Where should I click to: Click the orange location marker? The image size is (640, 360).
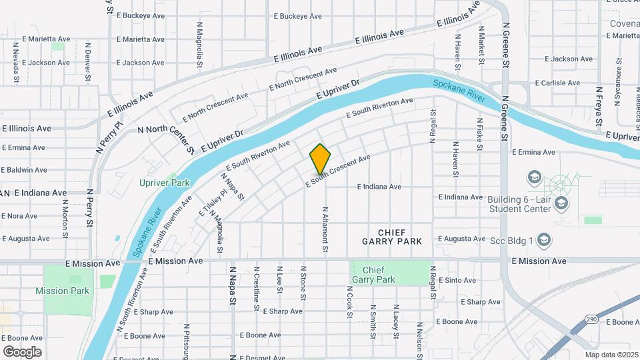pos(320,159)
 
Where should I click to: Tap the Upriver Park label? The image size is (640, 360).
pos(165,183)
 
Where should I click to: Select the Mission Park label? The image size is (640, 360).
pos(62,291)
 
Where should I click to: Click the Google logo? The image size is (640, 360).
pos(22,351)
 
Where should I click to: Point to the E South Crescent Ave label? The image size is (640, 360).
pos(338,171)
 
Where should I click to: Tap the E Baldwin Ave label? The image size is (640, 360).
pos(23,170)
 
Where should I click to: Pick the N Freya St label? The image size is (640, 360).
pos(599,108)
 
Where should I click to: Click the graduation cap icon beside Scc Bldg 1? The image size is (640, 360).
pos(544,239)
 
